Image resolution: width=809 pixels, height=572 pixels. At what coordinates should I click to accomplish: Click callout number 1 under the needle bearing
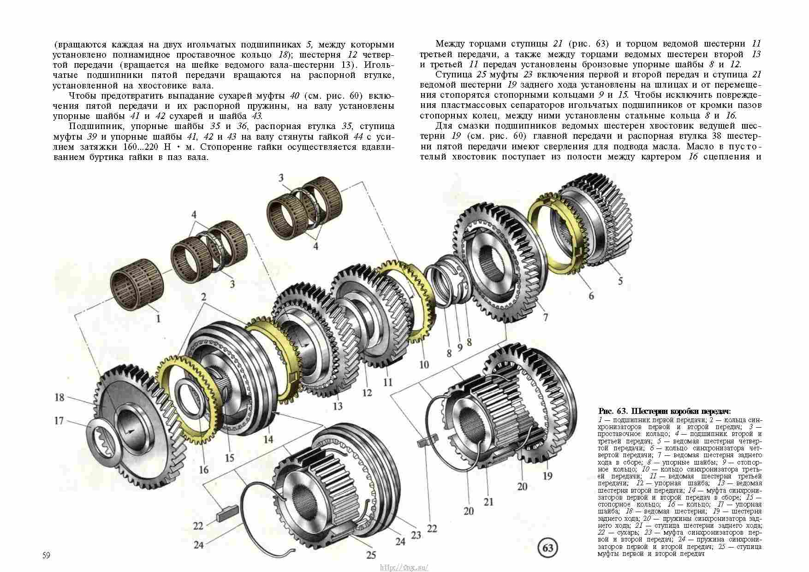coord(158,318)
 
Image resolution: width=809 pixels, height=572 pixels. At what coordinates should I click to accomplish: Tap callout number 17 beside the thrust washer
coord(59,421)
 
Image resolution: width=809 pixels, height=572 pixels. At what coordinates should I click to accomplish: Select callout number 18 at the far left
coord(59,397)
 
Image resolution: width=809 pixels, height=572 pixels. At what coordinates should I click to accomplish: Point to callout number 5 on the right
coord(620,281)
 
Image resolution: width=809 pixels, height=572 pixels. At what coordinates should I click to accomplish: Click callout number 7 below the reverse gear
coord(546,317)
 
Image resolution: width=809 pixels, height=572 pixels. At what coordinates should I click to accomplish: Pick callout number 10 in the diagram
coord(424,365)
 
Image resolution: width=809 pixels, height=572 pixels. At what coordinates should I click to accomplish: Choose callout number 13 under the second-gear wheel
coord(338,406)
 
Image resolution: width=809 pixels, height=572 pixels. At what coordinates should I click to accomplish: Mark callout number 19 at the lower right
coord(547,476)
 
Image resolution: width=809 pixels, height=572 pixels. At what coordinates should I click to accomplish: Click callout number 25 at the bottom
coord(371,554)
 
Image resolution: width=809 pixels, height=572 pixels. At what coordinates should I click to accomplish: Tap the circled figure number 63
coord(548,548)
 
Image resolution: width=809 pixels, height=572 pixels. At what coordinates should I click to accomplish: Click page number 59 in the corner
coord(46,555)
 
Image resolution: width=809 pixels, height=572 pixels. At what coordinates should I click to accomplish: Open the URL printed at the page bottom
coord(404,567)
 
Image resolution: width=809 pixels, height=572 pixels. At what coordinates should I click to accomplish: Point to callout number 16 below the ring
coord(203,470)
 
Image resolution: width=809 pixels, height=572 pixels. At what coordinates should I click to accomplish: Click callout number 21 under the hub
coord(488,501)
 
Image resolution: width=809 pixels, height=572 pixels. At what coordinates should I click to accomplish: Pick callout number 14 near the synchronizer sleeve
coord(268,439)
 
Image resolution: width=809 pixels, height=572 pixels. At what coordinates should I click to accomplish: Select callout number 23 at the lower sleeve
coord(416,535)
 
